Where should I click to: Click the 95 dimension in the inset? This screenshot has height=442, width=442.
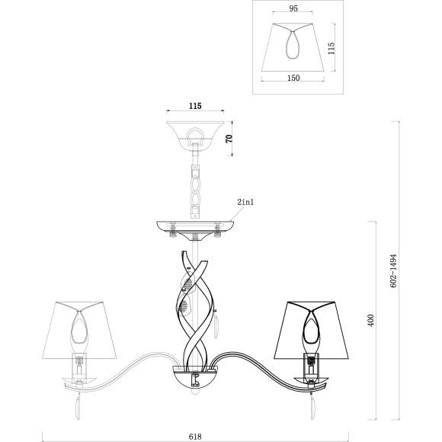click(x=293, y=8)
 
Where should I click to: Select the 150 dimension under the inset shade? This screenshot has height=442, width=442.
click(x=293, y=78)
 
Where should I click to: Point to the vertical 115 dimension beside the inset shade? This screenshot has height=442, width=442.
click(x=331, y=48)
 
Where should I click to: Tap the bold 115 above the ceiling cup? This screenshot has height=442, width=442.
click(x=195, y=106)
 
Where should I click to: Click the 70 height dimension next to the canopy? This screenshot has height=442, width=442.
click(x=229, y=139)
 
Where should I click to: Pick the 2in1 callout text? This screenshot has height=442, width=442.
click(x=245, y=202)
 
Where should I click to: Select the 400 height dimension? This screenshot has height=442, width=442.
click(x=371, y=321)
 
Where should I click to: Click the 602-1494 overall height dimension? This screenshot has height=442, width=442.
click(x=393, y=271)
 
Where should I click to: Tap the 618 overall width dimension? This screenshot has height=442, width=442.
click(x=195, y=437)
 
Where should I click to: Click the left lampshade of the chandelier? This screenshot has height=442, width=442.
click(x=79, y=331)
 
